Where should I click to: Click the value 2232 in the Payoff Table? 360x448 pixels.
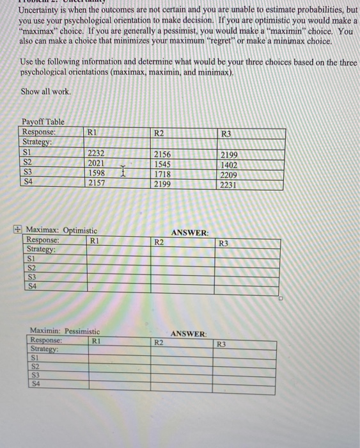pos(97,154)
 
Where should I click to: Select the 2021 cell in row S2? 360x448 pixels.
pos(97,163)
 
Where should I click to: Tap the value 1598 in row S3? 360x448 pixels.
pos(97,173)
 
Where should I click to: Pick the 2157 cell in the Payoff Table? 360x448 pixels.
pos(97,183)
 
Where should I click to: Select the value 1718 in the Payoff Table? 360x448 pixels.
pos(163,174)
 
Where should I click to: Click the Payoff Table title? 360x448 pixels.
pos(43,122)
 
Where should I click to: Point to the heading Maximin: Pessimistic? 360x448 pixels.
pos(65,330)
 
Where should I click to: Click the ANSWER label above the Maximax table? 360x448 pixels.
pos(189,233)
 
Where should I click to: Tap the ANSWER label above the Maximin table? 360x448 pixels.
pos(189,334)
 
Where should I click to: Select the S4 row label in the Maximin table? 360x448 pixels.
pos(36,384)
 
